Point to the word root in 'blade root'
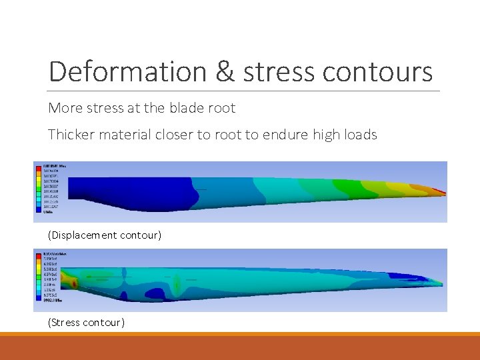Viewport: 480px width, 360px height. (x=222, y=107)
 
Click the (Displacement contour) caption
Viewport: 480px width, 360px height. (x=104, y=235)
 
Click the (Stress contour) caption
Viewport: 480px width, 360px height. (x=86, y=323)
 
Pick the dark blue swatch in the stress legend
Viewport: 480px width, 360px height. (x=38, y=299)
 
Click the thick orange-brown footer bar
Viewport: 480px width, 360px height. (x=240, y=348)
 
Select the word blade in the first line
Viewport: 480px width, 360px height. (x=190, y=107)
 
